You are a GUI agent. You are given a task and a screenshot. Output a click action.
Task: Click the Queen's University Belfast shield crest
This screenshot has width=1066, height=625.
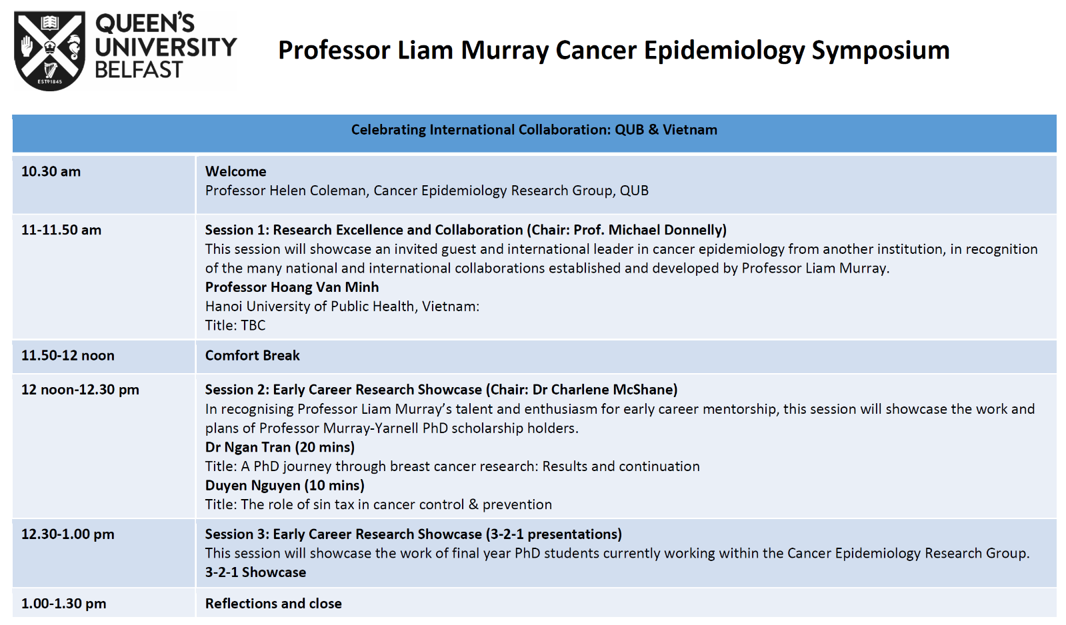tap(49, 51)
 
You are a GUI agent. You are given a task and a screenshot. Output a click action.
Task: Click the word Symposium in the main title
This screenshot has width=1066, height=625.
tap(881, 51)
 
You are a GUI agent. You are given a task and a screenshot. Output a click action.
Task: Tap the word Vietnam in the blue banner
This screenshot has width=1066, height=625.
tap(689, 130)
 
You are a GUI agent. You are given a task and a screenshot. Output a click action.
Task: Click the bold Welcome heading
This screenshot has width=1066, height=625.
tap(235, 171)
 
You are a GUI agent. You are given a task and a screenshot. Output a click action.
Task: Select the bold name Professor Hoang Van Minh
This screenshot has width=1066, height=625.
tap(292, 287)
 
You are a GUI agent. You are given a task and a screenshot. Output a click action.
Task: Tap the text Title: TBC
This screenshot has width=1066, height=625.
tap(235, 325)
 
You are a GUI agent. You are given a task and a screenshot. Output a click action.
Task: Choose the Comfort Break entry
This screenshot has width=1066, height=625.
tap(252, 356)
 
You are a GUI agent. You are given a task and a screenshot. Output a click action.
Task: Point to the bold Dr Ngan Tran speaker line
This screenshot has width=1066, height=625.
tap(280, 447)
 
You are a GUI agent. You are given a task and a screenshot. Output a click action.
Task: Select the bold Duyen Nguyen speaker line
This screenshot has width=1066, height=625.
tap(285, 485)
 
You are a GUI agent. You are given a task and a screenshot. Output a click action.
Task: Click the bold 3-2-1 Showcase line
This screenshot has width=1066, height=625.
tap(255, 572)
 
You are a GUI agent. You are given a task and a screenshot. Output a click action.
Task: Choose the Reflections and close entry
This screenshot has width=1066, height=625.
tap(273, 604)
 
